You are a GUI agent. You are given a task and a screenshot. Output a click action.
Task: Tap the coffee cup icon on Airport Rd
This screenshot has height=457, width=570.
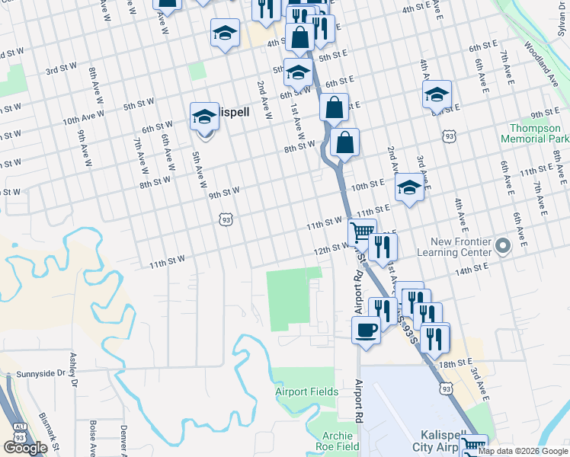(x=366, y=331)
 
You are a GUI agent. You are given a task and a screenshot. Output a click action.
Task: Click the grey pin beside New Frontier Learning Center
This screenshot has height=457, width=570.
(x=502, y=246)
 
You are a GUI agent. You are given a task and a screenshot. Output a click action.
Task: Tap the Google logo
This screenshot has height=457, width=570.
(x=25, y=448)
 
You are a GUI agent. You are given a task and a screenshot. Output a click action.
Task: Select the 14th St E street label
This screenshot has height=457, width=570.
(x=470, y=268)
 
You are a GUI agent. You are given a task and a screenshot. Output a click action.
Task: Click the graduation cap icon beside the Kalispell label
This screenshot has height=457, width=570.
(x=204, y=117)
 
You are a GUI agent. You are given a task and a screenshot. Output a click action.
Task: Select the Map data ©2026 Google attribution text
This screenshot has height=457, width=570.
(x=524, y=451)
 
